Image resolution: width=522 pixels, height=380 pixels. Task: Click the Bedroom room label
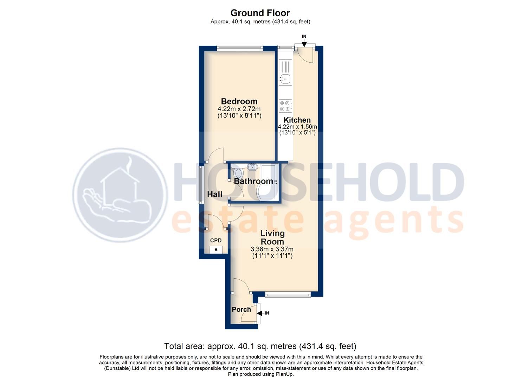(x=239, y=101)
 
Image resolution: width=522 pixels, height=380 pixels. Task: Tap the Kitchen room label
(x=297, y=120)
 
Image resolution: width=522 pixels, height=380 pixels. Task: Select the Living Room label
(x=272, y=237)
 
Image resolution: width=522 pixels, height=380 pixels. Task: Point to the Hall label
(x=214, y=194)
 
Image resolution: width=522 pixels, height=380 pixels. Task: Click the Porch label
(x=241, y=310)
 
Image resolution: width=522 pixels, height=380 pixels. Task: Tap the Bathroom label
(x=253, y=182)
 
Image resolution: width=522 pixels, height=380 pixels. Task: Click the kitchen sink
(x=285, y=78)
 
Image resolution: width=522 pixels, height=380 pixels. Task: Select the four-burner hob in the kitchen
(x=285, y=106)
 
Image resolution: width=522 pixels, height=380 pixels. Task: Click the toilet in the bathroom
(x=238, y=173)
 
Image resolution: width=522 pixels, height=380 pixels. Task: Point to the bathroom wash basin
(x=252, y=167)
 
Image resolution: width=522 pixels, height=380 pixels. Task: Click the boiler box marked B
(x=216, y=250)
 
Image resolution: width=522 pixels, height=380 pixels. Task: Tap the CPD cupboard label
(x=216, y=241)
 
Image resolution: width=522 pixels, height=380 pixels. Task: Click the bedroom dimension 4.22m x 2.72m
(x=239, y=109)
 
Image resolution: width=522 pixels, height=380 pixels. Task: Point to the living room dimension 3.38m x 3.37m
(x=272, y=249)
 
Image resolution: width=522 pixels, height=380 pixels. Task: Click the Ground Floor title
(x=260, y=13)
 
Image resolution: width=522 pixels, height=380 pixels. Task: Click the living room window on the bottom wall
(x=288, y=294)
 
